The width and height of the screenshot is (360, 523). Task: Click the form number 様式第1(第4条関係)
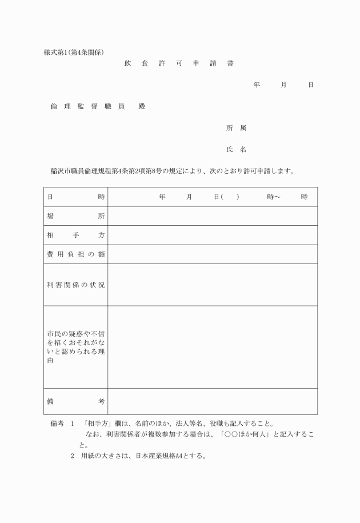pos(74,53)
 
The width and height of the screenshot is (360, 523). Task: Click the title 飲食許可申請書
pos(178,63)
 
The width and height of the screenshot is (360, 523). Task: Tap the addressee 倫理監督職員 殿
pos(98,106)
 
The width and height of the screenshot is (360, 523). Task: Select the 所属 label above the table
pos(236,128)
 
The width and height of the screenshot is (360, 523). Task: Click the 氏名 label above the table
pos(236,149)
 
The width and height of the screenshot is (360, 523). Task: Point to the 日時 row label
pos(75,197)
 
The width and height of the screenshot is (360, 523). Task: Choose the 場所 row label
pos(75,216)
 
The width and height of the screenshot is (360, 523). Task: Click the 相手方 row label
pos(75,235)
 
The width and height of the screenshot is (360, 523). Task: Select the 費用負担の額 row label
pos(75,254)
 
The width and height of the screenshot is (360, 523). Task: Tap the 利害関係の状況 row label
pos(75,285)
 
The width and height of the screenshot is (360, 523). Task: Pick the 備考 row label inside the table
pos(75,402)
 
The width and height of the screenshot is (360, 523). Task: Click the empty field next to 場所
pos(212,216)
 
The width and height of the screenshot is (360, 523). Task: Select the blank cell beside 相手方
pos(212,235)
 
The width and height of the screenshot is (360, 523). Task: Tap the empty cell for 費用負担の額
pos(212,254)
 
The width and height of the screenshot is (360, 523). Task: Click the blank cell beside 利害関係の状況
pos(212,285)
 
